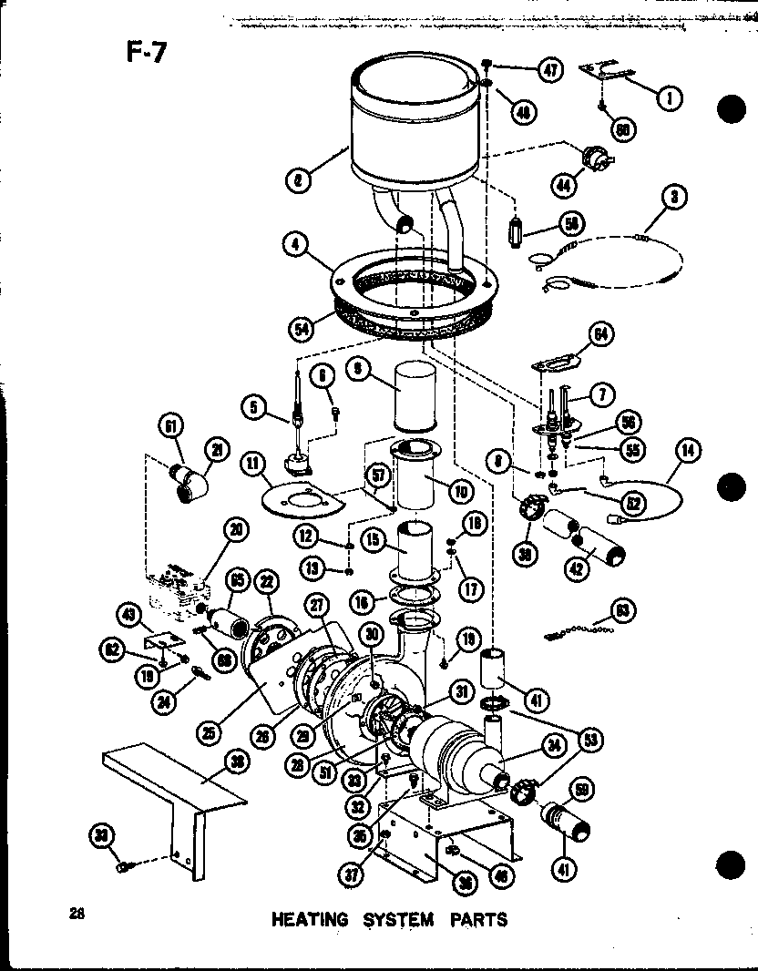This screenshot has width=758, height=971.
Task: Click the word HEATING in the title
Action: pos(310,919)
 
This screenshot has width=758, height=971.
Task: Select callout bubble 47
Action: pos(549,69)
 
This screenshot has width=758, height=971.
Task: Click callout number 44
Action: pos(567,184)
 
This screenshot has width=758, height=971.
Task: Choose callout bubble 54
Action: pos(302,324)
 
